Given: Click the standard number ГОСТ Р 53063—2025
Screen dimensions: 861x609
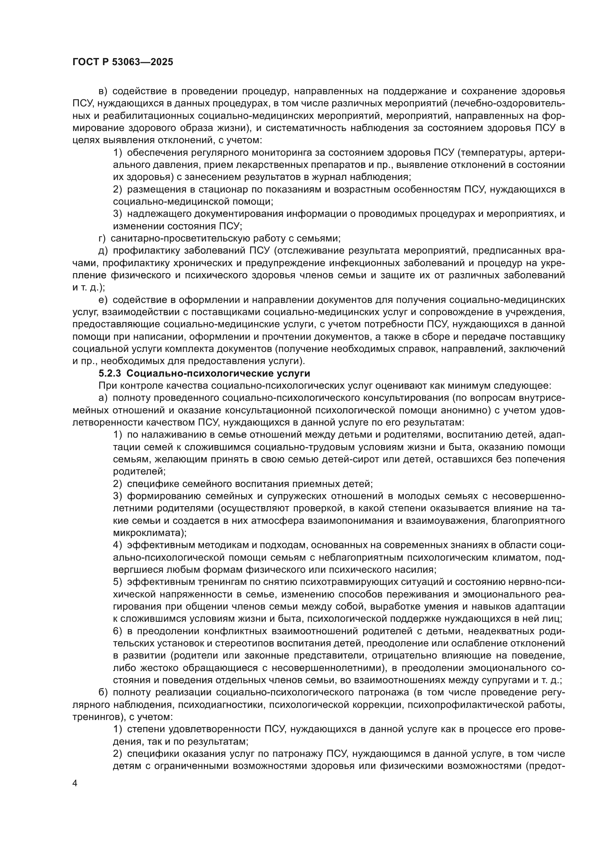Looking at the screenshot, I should point(123,62).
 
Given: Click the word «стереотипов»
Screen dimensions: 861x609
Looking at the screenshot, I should point(232,643).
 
